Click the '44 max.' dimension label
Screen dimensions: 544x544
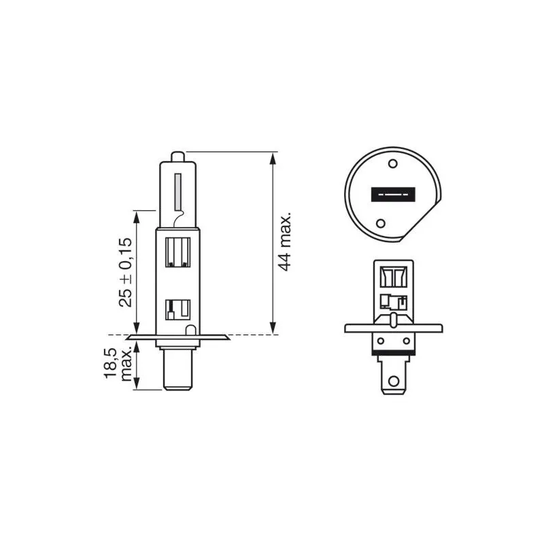[x=285, y=241]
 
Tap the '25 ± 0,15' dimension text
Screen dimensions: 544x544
[x=126, y=272]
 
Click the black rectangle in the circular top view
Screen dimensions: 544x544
[x=393, y=194]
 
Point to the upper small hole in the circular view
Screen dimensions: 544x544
[x=393, y=163]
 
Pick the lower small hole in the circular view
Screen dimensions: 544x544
[x=381, y=223]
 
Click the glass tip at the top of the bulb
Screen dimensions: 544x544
[x=177, y=157]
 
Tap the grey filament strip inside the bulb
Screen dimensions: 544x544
[x=178, y=192]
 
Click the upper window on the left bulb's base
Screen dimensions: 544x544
[x=177, y=252]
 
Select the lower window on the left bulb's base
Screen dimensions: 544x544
[x=177, y=310]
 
